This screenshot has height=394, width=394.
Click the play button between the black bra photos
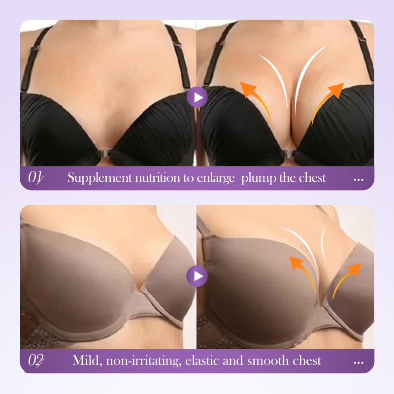tap(197, 97)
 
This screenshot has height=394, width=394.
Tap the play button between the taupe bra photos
tap(197, 276)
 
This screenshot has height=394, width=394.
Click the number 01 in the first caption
tap(35, 177)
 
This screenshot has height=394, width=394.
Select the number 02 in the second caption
tap(35, 361)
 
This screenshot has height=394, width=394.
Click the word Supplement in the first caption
tap(99, 178)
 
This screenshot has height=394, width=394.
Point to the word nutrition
tap(158, 178)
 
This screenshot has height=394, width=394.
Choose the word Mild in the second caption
tap(87, 361)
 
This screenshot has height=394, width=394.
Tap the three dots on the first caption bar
tap(359, 180)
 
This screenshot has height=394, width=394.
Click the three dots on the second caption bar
tap(359, 362)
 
